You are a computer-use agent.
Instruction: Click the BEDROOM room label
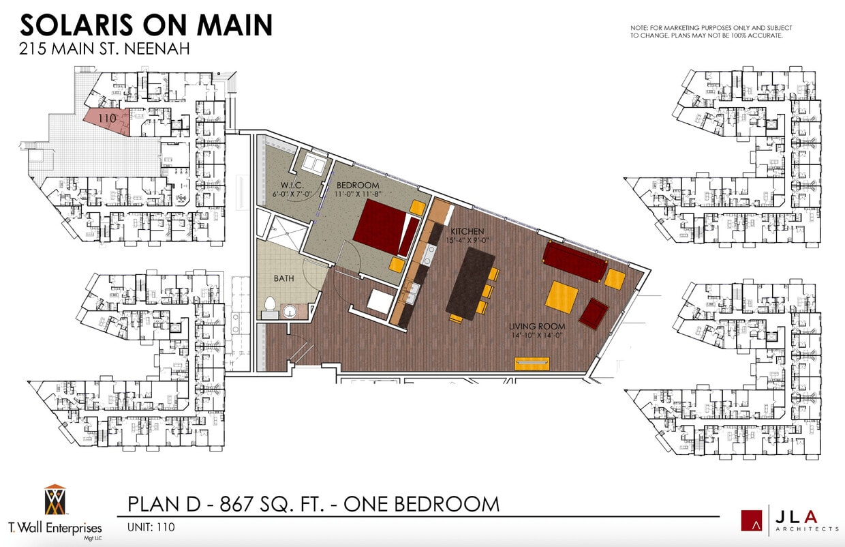356,186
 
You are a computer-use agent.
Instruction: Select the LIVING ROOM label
537,326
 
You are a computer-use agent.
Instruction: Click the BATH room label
283,278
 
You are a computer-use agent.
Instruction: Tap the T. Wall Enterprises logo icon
55,501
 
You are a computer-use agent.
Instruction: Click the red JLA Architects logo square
753,519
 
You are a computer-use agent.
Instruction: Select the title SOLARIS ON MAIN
147,25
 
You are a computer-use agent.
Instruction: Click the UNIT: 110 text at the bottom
151,527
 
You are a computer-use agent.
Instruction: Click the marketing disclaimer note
711,31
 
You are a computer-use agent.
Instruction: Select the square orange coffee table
563,297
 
